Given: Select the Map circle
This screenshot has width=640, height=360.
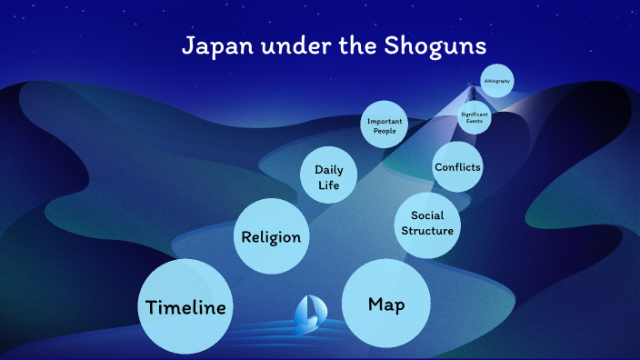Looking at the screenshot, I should point(386,304).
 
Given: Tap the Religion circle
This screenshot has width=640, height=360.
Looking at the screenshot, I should point(270,237).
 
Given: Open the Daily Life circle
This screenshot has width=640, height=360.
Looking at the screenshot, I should point(328,176).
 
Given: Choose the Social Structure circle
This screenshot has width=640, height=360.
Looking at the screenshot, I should point(426,223).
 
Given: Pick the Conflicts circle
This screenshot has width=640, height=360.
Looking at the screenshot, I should point(457,167).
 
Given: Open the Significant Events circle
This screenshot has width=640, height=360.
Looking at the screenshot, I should point(475,117).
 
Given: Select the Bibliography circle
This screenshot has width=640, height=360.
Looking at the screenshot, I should point(496,82).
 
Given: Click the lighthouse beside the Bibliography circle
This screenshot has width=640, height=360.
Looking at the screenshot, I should point(471,92).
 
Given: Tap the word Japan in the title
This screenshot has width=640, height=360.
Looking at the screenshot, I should point(215,45).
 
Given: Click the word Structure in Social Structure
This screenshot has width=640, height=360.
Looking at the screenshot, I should point(427,231).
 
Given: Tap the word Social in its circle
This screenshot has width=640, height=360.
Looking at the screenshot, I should point(427,215).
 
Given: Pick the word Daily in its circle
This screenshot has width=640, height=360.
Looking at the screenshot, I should point(328,169).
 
